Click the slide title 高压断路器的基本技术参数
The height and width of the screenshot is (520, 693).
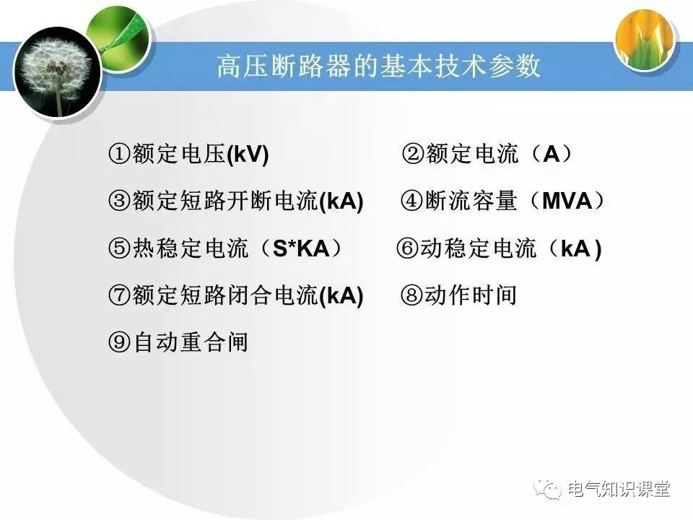point(378,67)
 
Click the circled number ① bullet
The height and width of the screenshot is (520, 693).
point(119,155)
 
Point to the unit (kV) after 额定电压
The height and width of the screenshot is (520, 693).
point(248,155)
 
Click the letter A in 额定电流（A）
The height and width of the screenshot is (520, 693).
point(551,155)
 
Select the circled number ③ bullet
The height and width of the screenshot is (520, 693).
point(119,201)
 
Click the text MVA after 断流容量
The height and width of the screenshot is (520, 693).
point(566,201)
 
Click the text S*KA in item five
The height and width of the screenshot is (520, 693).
point(300,249)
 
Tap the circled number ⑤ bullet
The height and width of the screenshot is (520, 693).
point(119,249)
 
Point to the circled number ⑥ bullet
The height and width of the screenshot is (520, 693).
point(408,249)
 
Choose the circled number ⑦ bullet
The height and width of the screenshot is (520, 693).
point(119,295)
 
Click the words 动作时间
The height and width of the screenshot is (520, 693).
point(470,295)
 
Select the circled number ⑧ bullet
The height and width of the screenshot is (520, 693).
point(411,295)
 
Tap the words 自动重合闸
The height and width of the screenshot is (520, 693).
point(191,342)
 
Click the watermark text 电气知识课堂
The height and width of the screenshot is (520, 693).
point(619,489)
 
